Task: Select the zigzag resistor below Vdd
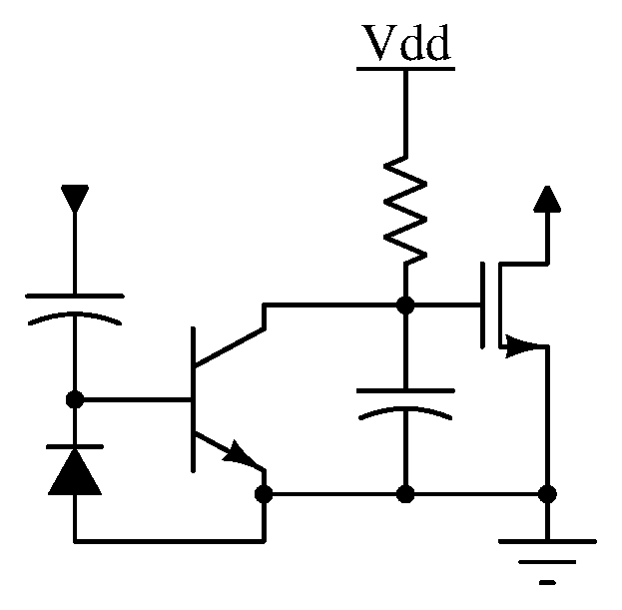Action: [x=405, y=211]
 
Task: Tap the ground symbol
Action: [x=547, y=561]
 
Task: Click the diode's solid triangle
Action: [x=75, y=473]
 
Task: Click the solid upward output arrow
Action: [x=547, y=199]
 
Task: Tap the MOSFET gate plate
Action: [x=482, y=305]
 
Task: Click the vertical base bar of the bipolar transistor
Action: [x=193, y=399]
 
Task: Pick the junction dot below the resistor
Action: [x=405, y=305]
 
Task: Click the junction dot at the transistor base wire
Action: [x=75, y=399]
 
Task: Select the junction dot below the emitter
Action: [x=264, y=494]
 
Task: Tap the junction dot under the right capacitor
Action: [x=405, y=494]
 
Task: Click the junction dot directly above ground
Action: [x=547, y=494]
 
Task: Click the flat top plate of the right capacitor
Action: [x=405, y=391]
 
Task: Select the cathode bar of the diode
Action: [x=75, y=447]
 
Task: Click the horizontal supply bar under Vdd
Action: [x=405, y=69]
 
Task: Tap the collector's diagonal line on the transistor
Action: [x=230, y=347]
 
